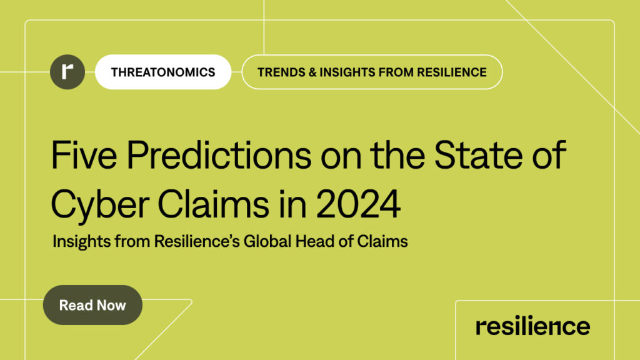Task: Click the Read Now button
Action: click(x=92, y=305)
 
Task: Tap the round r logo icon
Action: click(x=67, y=72)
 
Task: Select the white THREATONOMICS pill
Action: click(x=163, y=72)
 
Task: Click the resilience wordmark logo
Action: click(x=532, y=326)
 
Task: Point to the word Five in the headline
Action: click(x=84, y=155)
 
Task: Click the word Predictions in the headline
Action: click(x=219, y=155)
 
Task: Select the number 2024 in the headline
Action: click(x=358, y=204)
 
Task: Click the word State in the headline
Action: click(x=478, y=155)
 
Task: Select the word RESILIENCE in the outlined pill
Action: click(x=452, y=72)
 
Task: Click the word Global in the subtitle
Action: click(x=267, y=241)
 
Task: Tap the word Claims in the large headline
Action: click(x=213, y=204)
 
